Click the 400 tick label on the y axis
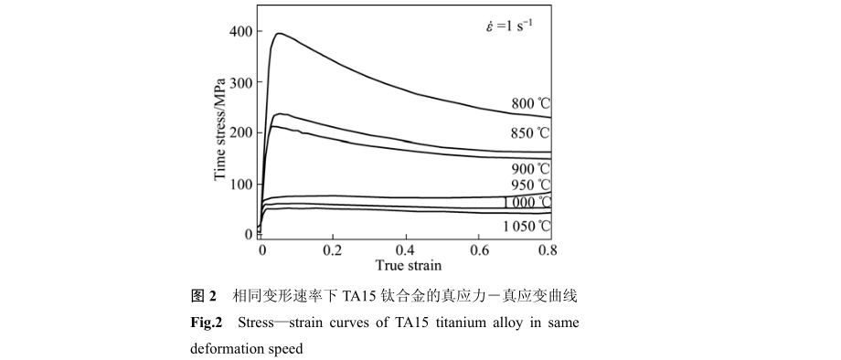240,32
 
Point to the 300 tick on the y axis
240,83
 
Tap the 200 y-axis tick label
240,133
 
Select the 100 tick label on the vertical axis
240,185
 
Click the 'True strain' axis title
409,266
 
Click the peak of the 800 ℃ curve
278,34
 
